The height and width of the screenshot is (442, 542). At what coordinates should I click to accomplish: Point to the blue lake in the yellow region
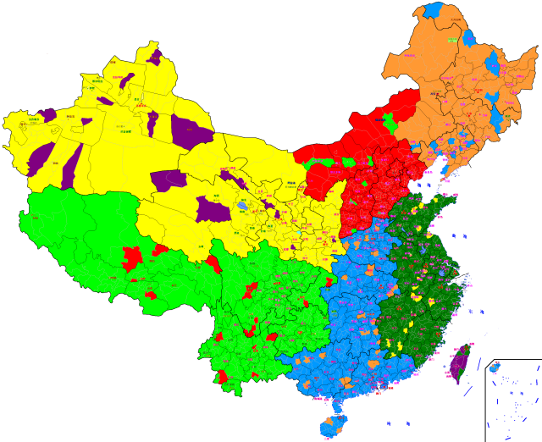coord(244,205)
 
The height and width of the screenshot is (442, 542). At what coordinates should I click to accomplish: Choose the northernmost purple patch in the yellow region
coord(155,58)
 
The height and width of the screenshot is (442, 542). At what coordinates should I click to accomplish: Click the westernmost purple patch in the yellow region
coord(46,114)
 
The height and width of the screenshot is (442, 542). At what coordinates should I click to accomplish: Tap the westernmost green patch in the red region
coord(318,161)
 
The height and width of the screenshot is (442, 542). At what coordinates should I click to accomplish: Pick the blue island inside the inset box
coord(495,367)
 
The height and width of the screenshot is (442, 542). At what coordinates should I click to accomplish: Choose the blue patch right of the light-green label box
coord(471,36)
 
